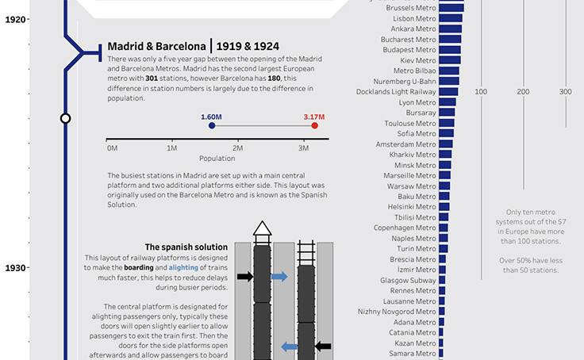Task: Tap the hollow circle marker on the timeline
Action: (x=66, y=118)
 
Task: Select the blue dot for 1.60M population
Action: (x=211, y=125)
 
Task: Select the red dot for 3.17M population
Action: (x=315, y=125)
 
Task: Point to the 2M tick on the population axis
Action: (x=238, y=148)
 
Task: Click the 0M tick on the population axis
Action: (x=112, y=148)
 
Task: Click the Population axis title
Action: (x=217, y=159)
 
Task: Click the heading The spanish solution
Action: (x=186, y=247)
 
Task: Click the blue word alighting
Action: (x=183, y=268)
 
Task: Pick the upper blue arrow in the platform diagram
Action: (x=279, y=277)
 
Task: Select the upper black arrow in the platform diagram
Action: (x=245, y=277)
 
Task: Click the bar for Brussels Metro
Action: (x=452, y=8)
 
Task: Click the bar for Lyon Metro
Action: (x=448, y=102)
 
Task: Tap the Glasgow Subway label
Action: (x=408, y=280)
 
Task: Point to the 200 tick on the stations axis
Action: (x=523, y=93)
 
